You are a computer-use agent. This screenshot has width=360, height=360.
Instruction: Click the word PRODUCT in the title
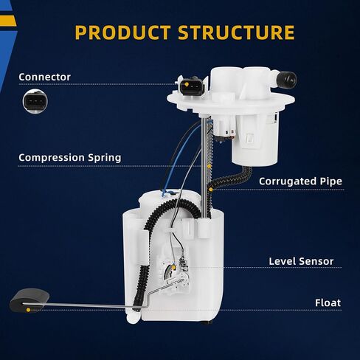(x=122, y=32)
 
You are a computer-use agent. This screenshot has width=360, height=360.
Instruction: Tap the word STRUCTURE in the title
(x=236, y=32)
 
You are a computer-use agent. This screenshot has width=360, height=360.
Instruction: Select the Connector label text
(x=44, y=77)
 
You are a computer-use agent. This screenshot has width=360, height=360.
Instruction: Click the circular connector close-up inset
(x=35, y=101)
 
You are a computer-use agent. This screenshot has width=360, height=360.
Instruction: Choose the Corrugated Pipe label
(x=300, y=181)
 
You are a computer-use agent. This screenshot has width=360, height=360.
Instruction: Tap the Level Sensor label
(x=301, y=261)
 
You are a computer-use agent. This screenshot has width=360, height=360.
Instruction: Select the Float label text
(x=328, y=302)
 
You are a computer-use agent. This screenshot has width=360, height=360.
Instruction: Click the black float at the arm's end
(x=29, y=300)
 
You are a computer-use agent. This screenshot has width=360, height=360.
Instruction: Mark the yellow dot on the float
(x=28, y=310)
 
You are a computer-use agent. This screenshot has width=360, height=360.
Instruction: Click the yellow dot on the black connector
(x=187, y=84)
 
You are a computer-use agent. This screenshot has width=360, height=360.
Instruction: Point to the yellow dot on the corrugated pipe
(x=211, y=190)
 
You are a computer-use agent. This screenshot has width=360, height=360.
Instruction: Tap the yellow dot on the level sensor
(x=174, y=267)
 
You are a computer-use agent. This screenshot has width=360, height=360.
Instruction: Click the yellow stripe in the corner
(x=8, y=21)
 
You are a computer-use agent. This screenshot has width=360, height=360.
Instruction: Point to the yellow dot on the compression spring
(x=210, y=167)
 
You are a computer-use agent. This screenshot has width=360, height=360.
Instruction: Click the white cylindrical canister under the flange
(x=255, y=140)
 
